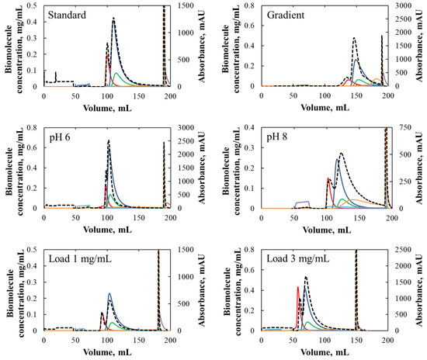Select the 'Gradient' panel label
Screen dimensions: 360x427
(286, 16)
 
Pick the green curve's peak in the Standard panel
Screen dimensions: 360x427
(116, 73)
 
